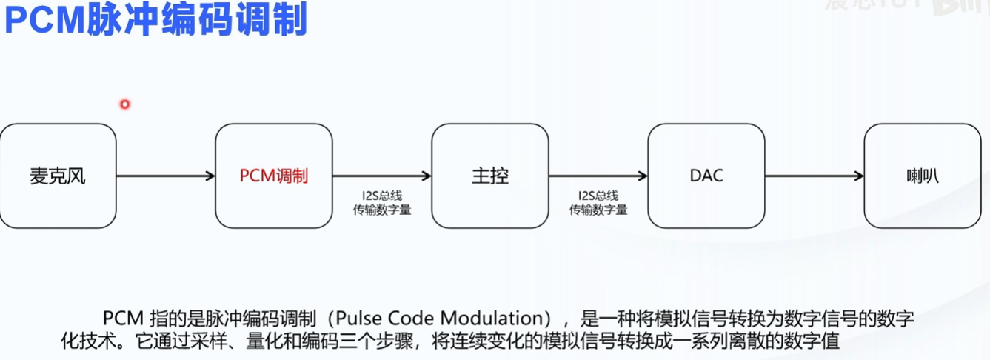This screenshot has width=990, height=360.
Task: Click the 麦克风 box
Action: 58,176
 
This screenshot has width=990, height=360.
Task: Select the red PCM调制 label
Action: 273,176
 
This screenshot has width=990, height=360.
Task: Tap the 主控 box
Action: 490,176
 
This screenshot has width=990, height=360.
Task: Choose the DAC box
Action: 706,176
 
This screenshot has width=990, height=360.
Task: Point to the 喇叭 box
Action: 922,176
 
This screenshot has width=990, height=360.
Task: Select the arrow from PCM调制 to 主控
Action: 382,176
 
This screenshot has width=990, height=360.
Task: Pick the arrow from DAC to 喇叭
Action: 815,176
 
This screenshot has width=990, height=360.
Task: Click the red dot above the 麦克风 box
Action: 124,104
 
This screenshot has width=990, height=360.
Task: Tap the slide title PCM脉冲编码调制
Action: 155,21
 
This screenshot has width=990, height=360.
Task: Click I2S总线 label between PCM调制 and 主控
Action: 381,196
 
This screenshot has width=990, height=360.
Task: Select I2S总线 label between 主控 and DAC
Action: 598,196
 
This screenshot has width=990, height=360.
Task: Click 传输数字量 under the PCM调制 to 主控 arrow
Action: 381,210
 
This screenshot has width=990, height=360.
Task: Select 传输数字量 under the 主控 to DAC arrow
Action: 598,210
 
